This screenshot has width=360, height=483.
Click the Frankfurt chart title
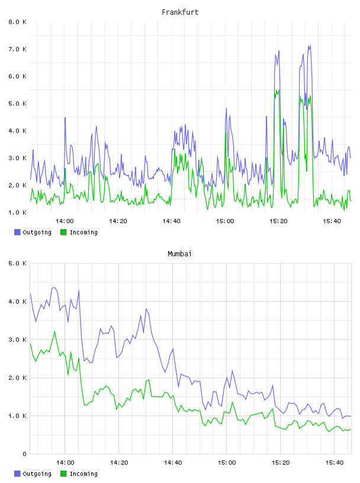click(x=180, y=12)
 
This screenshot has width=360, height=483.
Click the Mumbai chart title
click(x=179, y=254)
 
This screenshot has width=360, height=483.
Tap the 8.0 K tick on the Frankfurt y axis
click(x=17, y=22)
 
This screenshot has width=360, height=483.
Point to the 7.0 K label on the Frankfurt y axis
click(x=17, y=49)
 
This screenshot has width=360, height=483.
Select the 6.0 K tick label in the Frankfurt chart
click(x=17, y=76)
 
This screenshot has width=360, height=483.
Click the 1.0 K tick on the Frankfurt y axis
click(x=17, y=212)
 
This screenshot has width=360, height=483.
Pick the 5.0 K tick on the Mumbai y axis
click(x=17, y=263)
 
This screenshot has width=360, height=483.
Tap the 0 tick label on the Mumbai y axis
click(x=25, y=454)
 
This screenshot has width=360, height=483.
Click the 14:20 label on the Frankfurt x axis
click(x=118, y=221)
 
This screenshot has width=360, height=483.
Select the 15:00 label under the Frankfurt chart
click(x=225, y=221)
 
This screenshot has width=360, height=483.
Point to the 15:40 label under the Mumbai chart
click(x=335, y=463)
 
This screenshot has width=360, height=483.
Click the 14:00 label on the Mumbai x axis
click(x=65, y=463)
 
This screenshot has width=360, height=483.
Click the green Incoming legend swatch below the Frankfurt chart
click(x=63, y=232)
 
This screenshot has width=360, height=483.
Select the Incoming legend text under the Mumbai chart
click(x=83, y=474)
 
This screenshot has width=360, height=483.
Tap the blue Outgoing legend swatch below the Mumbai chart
click(x=17, y=474)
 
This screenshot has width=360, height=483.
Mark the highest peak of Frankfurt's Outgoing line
click(x=310, y=46)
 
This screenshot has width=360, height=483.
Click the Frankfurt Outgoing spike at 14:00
click(x=65, y=118)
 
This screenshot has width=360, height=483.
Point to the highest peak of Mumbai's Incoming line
click(x=54, y=331)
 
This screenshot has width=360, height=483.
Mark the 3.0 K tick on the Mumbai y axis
click(x=17, y=340)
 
